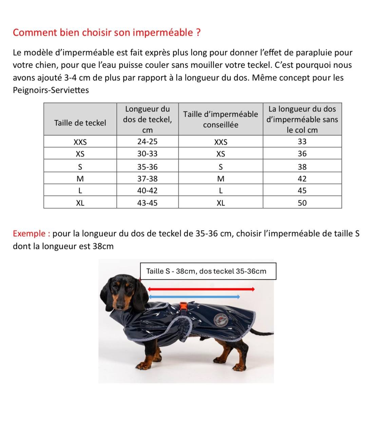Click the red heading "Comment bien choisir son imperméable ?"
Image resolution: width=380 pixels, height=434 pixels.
click(x=107, y=33)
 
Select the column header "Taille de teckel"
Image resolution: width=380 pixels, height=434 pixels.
click(x=80, y=123)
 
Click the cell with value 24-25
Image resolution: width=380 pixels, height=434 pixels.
click(x=147, y=141)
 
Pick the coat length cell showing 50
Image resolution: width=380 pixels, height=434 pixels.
click(x=302, y=203)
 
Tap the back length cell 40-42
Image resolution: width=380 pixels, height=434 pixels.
click(x=147, y=191)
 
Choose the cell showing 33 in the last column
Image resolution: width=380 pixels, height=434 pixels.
click(x=302, y=141)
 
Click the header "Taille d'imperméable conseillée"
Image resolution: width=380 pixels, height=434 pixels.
click(x=221, y=119)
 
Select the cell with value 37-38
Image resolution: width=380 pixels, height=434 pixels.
click(x=147, y=179)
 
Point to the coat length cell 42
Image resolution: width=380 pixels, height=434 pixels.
click(x=302, y=179)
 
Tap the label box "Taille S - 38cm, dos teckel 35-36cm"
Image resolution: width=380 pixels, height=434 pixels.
click(x=208, y=271)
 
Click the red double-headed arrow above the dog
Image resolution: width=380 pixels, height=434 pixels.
click(x=201, y=289)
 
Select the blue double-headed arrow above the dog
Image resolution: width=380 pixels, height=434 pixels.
click(x=194, y=297)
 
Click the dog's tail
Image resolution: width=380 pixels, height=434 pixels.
click(x=263, y=333)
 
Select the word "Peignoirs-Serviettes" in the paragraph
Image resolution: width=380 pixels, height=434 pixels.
click(x=51, y=90)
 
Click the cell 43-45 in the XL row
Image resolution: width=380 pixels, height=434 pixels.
click(x=147, y=203)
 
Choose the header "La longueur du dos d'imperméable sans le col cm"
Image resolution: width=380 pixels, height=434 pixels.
click(x=302, y=119)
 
